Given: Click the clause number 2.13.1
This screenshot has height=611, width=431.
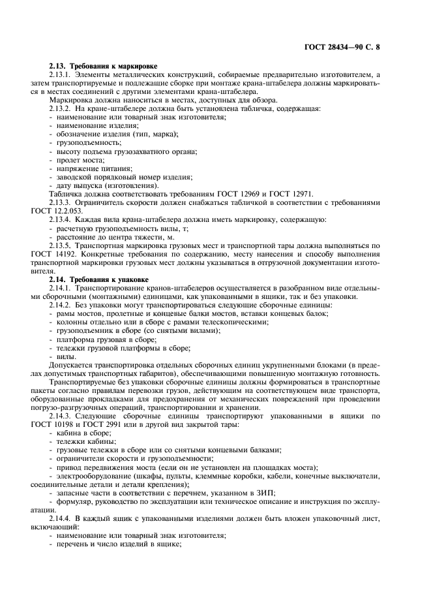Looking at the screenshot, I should click(61, 75).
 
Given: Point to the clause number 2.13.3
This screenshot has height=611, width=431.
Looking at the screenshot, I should click(61, 202).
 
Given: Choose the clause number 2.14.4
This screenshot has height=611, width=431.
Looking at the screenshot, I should click(61, 517).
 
